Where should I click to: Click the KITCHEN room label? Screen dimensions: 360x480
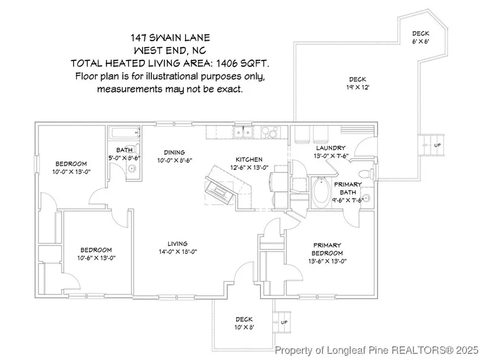(248, 159)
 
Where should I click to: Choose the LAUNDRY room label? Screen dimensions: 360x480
(330, 148)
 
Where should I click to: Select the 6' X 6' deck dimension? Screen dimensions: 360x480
(421, 41)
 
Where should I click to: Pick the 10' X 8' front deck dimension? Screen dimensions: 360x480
(244, 327)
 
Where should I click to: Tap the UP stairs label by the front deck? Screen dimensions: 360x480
(284, 323)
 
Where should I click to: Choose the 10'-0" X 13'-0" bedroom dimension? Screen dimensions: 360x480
(71, 172)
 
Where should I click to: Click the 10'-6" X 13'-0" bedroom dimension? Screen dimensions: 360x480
(96, 257)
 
